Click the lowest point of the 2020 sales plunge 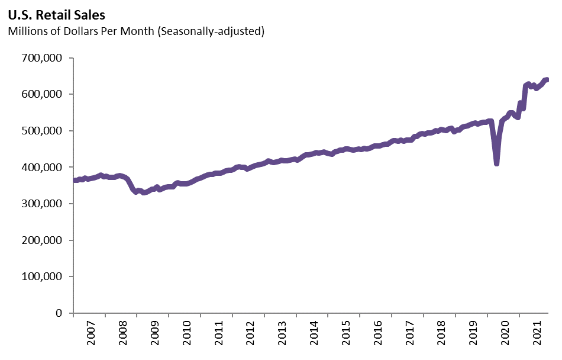click(x=497, y=163)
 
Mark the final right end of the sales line click(x=547, y=80)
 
